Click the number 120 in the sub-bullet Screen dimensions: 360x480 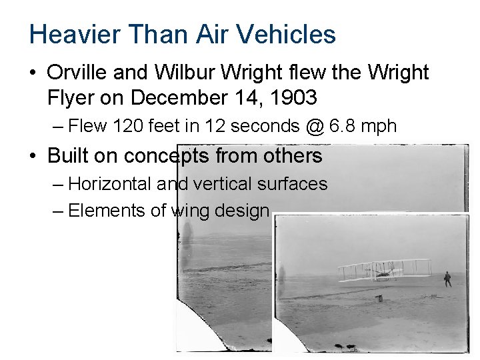point(125,126)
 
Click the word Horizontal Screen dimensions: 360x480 point(110,183)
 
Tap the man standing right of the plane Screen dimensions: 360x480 point(447,279)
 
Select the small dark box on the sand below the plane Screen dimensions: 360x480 point(379,298)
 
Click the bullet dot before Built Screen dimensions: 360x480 point(34,157)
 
